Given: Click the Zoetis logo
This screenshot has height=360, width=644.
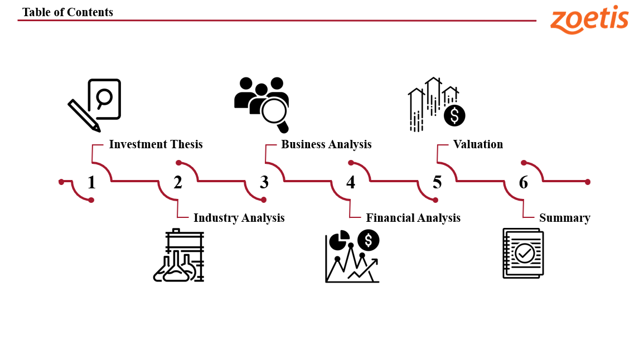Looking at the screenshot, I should tap(589, 20).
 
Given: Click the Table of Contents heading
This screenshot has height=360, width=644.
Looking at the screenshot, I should tap(67, 12).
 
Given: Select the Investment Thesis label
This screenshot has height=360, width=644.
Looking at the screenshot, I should tap(156, 144).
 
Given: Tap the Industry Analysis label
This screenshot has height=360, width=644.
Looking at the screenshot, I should tap(239, 218).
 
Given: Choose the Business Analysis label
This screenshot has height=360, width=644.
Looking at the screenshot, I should tap(326, 144).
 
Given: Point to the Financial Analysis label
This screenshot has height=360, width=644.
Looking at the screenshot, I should tap(413, 218).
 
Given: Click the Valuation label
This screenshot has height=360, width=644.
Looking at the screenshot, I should tap(478, 144).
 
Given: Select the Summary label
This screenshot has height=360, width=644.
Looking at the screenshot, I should tap(564, 218).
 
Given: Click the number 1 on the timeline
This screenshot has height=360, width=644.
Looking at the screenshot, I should tap(91, 182).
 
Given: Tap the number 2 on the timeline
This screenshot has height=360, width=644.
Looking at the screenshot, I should tap(178, 182).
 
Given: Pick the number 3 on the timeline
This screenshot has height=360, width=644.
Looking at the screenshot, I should tap(264, 182).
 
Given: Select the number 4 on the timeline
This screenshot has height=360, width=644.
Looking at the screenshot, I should tap(351, 182).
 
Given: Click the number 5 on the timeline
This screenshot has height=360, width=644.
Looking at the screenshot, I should tap(437, 182).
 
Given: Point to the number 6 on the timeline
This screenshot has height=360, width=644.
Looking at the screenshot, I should tap(524, 182).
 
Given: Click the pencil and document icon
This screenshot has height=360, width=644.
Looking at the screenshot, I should tap(94, 105).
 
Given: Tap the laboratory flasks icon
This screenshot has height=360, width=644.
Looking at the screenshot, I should tap(178, 256).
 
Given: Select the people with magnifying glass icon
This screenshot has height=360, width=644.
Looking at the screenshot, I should tap(262, 103).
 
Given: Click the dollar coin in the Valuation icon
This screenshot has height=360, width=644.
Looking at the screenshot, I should tap(454, 115).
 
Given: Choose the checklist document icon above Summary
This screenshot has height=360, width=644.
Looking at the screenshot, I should tap(523, 253).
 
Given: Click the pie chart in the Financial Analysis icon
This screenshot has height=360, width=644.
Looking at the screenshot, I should tap(339, 240).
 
